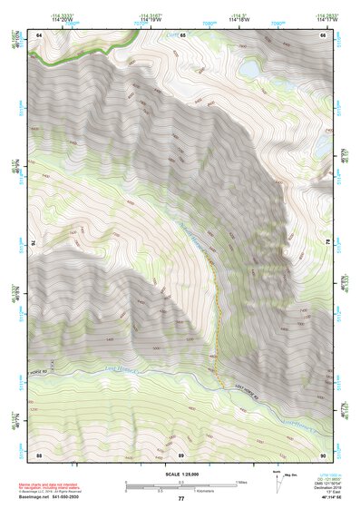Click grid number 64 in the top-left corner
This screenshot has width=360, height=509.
pos(39,34)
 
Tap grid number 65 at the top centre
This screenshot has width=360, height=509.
pos(181,34)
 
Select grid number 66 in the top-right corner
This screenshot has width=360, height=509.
pos(323,34)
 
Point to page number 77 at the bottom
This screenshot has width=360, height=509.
pos(180,498)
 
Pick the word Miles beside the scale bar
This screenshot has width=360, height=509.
pos(244,482)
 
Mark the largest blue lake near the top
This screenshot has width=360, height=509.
pos(249,69)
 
